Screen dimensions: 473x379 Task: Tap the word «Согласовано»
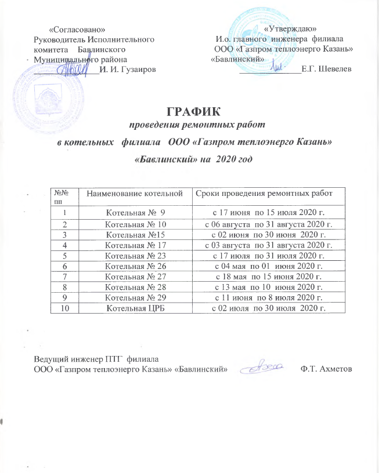tap(78, 28)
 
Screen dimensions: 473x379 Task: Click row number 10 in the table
tap(66, 307)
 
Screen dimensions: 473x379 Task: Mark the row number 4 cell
tap(66, 245)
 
